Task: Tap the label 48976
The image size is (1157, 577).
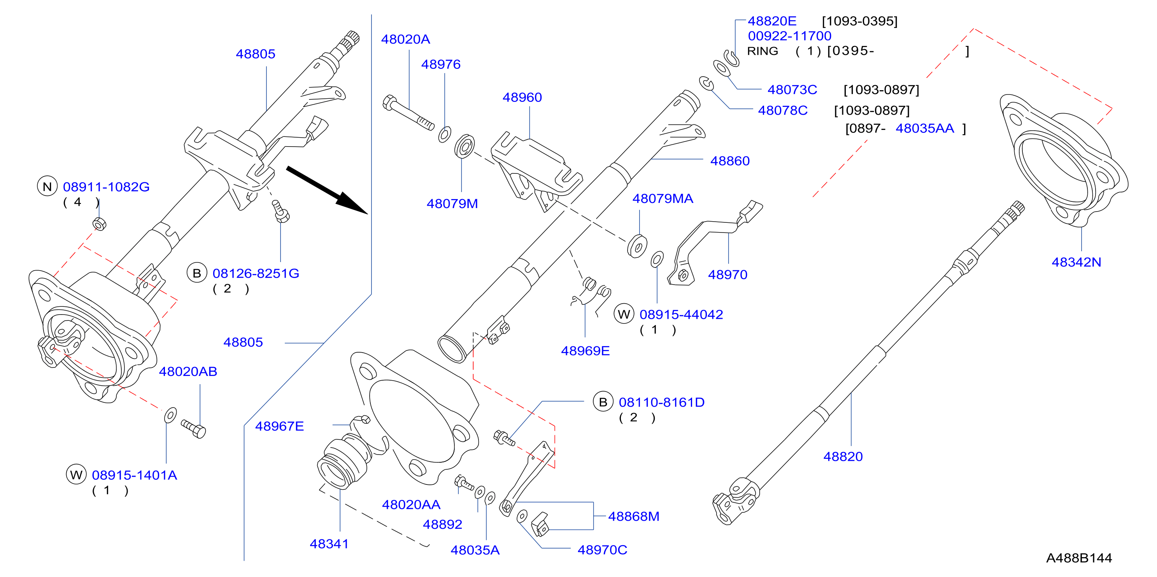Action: coord(441,65)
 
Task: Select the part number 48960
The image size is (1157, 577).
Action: coord(522,98)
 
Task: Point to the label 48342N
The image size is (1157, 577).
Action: coord(1076,262)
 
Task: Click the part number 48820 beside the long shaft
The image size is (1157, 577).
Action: coord(843,456)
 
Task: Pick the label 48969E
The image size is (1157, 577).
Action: coord(585,351)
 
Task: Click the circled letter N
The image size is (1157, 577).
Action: coord(47,186)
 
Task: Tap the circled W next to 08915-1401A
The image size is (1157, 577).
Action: coord(76,475)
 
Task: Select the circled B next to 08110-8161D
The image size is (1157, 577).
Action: coord(603,402)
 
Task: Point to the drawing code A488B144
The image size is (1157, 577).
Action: coord(1079,558)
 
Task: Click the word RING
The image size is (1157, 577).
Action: coord(762,51)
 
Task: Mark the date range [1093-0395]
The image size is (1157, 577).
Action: coord(859,21)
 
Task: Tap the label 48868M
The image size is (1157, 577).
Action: coord(633,516)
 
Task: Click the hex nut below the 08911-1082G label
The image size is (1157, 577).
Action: coord(99,223)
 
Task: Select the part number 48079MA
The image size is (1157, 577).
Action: coord(663,198)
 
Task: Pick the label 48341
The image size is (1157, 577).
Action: coord(329,544)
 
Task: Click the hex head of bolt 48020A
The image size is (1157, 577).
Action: coord(389,102)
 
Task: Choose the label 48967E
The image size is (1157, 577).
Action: coord(279,427)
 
